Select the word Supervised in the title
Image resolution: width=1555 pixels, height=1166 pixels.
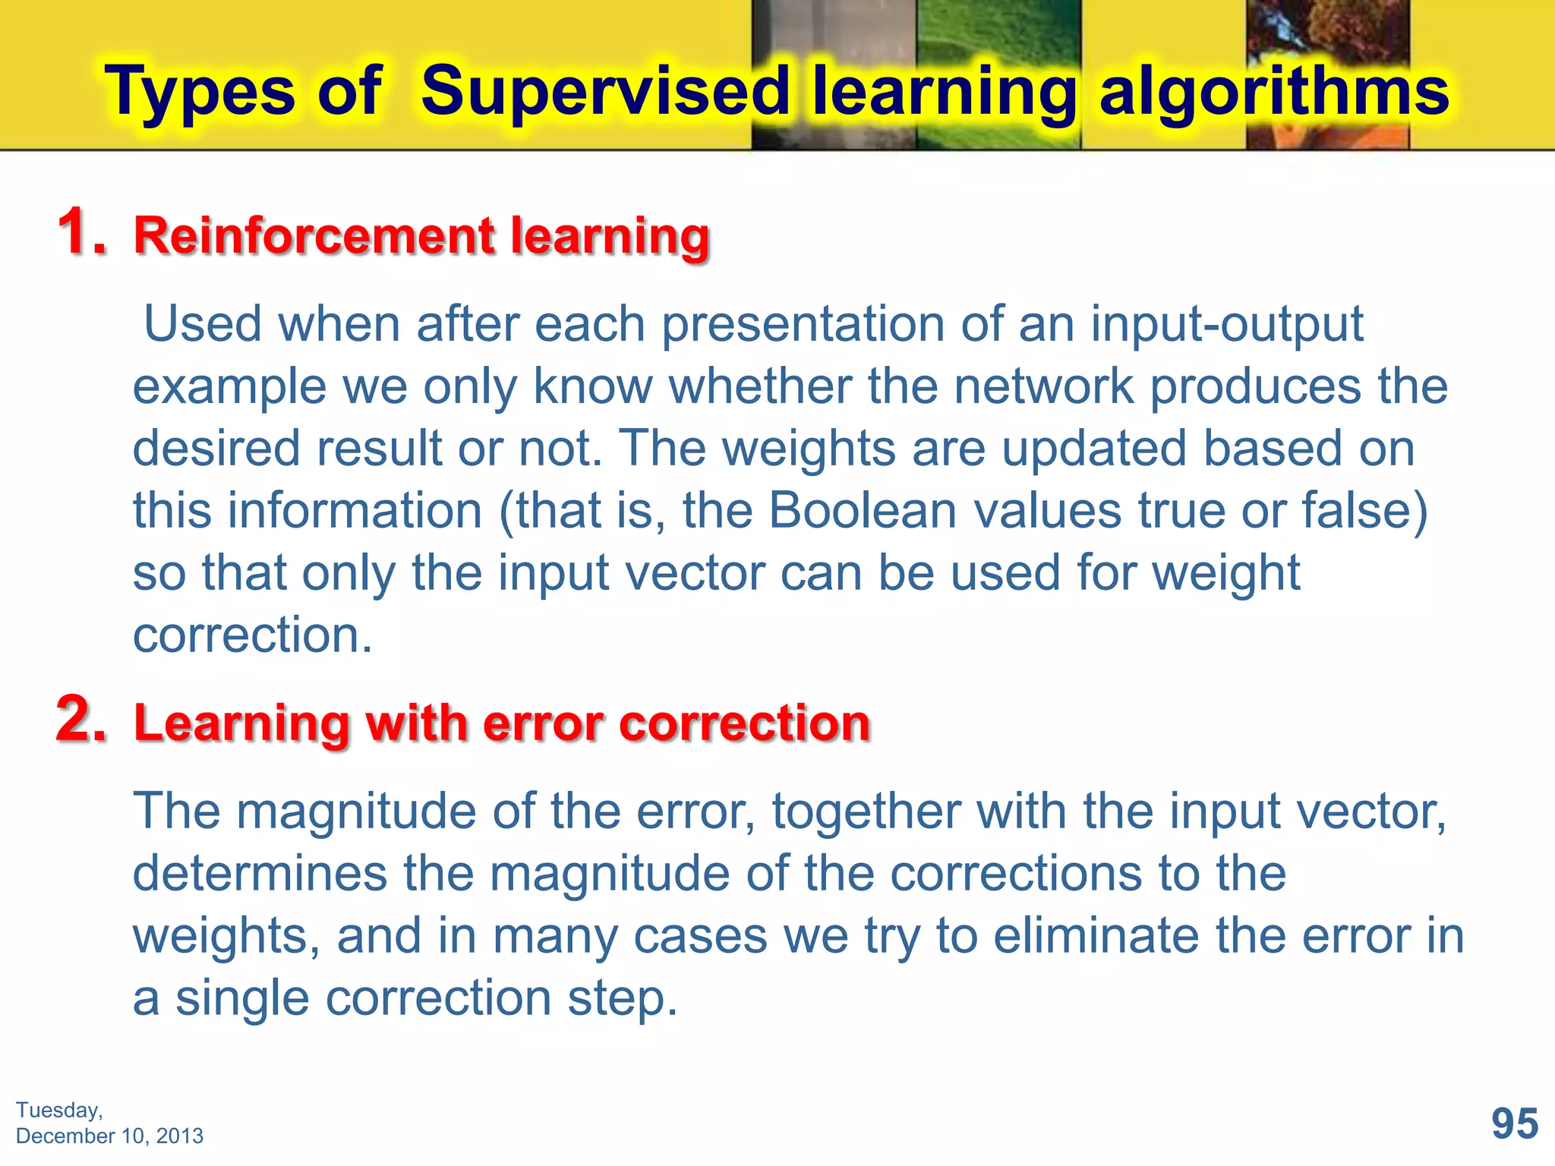[605, 91]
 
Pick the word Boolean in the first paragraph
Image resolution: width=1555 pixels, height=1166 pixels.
[863, 510]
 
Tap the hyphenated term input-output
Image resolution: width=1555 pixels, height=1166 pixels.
[1227, 325]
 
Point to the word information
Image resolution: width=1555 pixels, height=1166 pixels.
[355, 510]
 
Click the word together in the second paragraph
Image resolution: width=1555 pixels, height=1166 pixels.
[866, 811]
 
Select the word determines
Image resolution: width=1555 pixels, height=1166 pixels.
[260, 874]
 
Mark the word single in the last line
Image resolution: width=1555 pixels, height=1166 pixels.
[242, 998]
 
